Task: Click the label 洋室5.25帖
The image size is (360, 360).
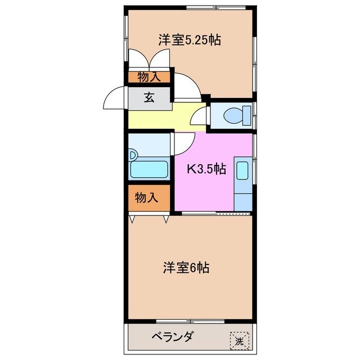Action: pos(189,40)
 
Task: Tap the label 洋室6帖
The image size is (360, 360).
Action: pos(186,268)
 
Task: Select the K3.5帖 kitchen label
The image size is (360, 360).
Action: pos(206,169)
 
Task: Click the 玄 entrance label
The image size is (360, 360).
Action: pos(149,98)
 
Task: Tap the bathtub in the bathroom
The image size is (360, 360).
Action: pos(148,169)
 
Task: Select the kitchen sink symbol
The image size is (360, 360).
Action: pos(243,170)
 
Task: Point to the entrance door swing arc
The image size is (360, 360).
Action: pos(115,99)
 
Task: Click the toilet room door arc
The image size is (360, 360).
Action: pos(199,117)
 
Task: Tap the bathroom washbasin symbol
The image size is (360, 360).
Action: pos(133,154)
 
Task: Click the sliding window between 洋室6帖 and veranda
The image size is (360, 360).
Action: pos(191,321)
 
